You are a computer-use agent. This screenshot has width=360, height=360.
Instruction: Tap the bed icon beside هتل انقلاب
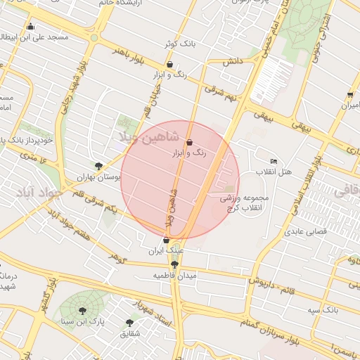[x=274, y=162]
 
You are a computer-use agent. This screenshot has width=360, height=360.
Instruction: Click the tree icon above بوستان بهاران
[x=98, y=167]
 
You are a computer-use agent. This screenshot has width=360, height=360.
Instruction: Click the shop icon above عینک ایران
[x=166, y=240]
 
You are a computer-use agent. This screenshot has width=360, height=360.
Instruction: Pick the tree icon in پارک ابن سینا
[x=83, y=311]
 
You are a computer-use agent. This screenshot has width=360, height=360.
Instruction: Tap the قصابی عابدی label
[x=303, y=231]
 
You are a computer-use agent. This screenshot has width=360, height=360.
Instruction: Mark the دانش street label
[x=233, y=62]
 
